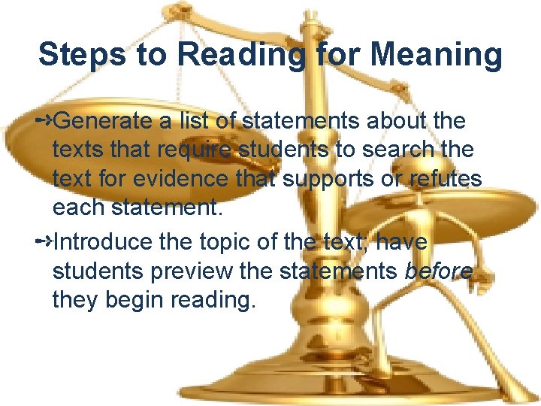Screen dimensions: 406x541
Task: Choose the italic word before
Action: coord(439,271)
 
